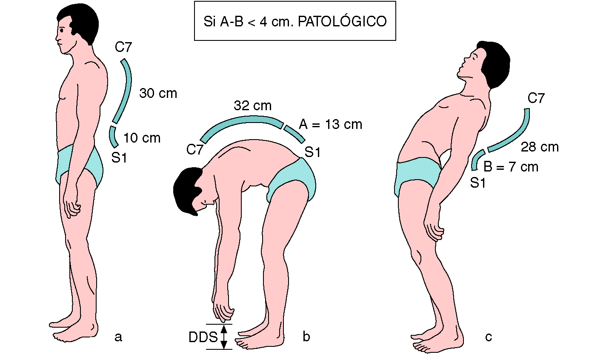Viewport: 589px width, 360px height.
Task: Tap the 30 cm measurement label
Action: pyautogui.click(x=158, y=93)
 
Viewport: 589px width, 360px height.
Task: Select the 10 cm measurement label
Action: pyautogui.click(x=142, y=138)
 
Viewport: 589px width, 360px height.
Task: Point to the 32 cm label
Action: pyautogui.click(x=252, y=106)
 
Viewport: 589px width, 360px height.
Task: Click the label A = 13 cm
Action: pyautogui.click(x=330, y=124)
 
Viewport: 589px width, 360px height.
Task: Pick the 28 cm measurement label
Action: pyautogui.click(x=540, y=147)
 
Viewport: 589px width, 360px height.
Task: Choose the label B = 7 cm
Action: pyautogui.click(x=511, y=167)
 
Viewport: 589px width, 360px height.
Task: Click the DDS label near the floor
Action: pyautogui.click(x=203, y=337)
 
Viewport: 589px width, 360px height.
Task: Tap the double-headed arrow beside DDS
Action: pyautogui.click(x=224, y=337)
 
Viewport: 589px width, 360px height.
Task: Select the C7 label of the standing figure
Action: pyautogui.click(x=123, y=47)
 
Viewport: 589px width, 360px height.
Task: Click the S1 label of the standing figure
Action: pyautogui.click(x=120, y=157)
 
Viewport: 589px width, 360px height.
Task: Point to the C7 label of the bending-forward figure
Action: pyautogui.click(x=194, y=150)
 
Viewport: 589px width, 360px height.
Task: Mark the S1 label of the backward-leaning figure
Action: pyautogui.click(x=478, y=183)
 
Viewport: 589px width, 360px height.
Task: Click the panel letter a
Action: pyautogui.click(x=118, y=337)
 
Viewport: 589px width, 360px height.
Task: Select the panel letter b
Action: pyautogui.click(x=306, y=337)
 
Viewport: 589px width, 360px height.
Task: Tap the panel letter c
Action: pyautogui.click(x=488, y=337)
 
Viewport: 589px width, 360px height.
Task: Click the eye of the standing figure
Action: pyautogui.click(x=63, y=31)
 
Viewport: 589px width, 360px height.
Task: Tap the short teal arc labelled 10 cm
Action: pyautogui.click(x=113, y=136)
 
